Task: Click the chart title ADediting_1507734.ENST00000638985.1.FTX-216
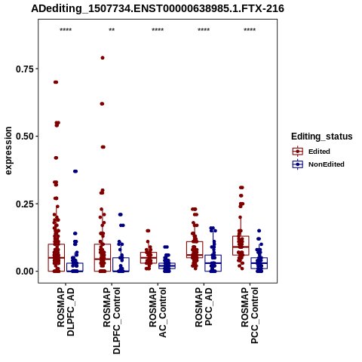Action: (x=158, y=9)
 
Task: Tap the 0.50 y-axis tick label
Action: (x=25, y=137)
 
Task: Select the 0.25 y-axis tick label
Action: (x=25, y=204)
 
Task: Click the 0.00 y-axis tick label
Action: (x=25, y=271)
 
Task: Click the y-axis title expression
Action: (x=8, y=151)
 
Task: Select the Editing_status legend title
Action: (x=322, y=137)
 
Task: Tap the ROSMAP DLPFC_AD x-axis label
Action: (x=66, y=311)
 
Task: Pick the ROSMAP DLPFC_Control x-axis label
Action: (x=112, y=321)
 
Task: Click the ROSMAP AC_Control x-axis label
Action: (x=158, y=312)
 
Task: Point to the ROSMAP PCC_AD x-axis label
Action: (x=204, y=307)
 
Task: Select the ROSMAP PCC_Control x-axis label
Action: (x=250, y=315)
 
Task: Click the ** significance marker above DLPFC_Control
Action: (x=112, y=30)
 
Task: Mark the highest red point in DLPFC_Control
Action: (x=103, y=58)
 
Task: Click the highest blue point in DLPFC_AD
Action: (x=75, y=171)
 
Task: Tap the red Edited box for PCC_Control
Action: (x=241, y=246)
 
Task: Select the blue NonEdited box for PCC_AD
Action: (x=213, y=263)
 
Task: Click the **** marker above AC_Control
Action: (x=158, y=30)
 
